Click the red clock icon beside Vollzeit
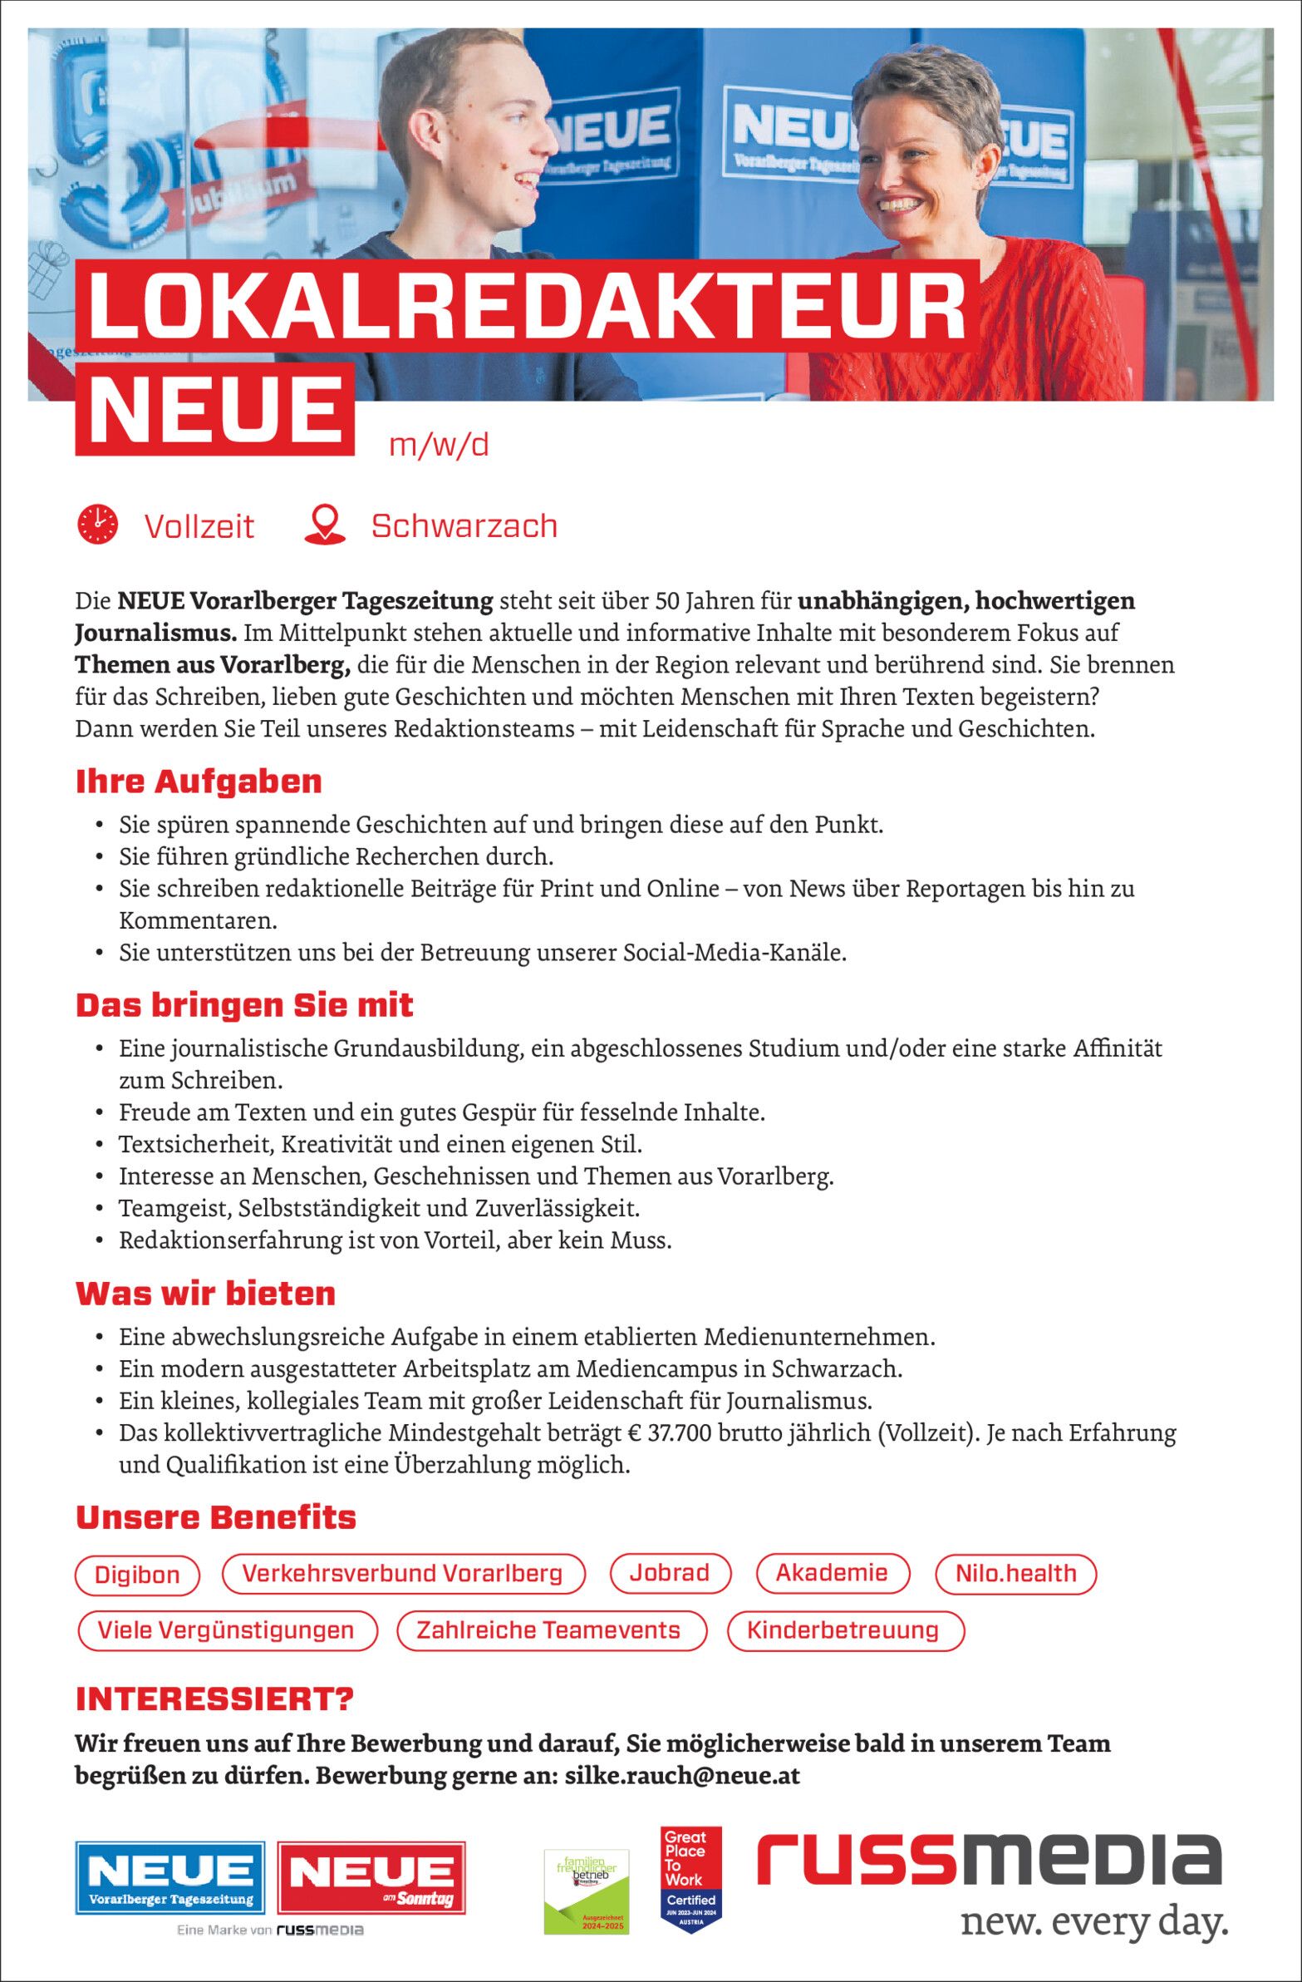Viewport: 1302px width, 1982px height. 97,525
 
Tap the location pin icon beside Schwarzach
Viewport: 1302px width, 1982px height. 325,525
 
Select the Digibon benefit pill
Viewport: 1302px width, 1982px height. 137,1575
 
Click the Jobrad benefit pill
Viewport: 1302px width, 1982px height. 670,1572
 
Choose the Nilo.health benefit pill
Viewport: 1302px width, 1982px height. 1015,1573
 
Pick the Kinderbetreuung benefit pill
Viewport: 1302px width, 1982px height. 844,1629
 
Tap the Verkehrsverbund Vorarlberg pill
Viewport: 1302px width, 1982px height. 403,1573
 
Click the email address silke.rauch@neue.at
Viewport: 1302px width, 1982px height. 682,1776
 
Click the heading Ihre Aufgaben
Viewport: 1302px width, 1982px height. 199,781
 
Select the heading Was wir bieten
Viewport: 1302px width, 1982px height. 205,1294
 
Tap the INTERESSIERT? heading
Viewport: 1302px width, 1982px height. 214,1699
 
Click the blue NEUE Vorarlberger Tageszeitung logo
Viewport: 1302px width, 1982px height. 170,1878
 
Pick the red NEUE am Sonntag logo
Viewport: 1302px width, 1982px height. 371,1878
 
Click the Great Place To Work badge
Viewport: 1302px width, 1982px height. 691,1878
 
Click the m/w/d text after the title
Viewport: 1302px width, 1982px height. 439,446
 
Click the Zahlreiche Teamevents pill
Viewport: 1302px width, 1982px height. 549,1629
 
